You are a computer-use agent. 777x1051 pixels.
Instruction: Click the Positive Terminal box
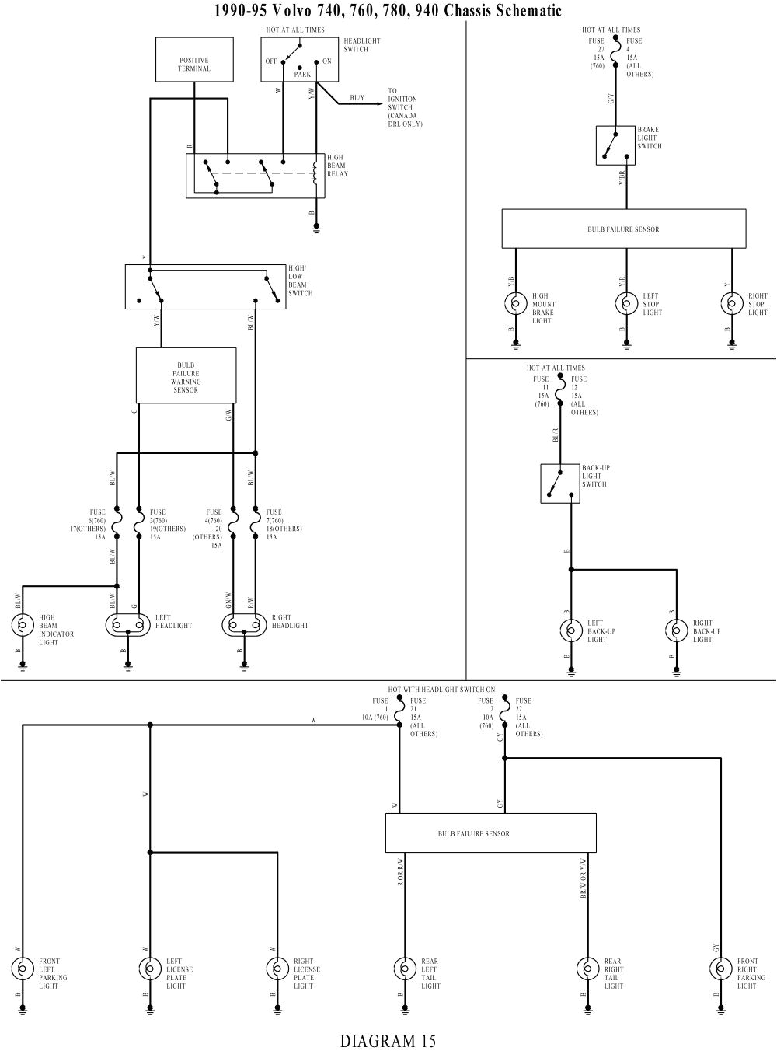(x=194, y=59)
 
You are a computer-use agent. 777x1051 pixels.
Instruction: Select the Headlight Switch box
(x=299, y=59)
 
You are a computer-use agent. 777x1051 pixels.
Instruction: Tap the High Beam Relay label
(x=336, y=166)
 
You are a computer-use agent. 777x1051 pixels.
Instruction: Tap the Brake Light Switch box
(x=615, y=145)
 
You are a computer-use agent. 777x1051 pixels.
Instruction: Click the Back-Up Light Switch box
(x=559, y=483)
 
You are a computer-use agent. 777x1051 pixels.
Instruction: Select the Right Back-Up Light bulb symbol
(x=676, y=630)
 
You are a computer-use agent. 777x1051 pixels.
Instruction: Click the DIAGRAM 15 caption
(x=388, y=1040)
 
